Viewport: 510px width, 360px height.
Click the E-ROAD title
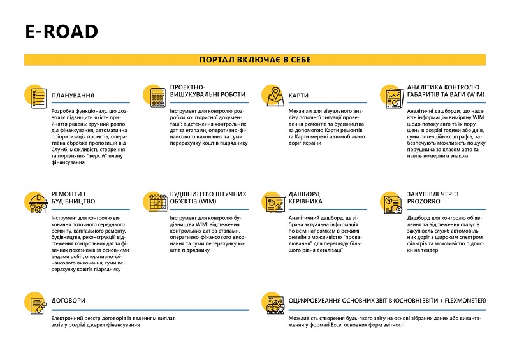coord(61,32)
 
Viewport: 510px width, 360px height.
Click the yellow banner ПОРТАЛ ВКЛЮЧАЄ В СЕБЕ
coord(255,59)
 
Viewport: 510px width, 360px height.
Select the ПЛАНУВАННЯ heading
coord(77,94)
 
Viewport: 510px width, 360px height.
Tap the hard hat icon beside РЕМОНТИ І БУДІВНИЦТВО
coord(36,203)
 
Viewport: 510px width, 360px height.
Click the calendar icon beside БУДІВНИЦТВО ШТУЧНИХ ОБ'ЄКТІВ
coord(155,203)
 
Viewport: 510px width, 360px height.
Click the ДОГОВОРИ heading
coord(69,301)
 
